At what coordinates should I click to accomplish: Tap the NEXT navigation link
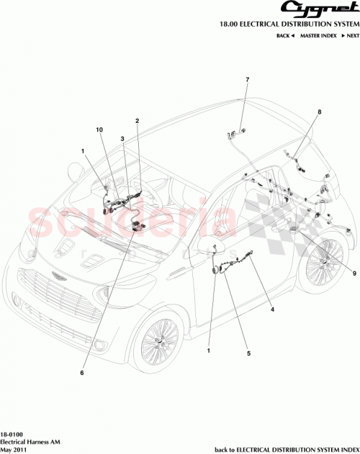[349, 35]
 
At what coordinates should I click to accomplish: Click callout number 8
[320, 112]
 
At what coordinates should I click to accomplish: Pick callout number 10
[100, 130]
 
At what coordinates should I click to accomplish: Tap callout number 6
[82, 373]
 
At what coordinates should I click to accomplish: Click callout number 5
[248, 353]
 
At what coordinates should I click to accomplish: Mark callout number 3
[123, 137]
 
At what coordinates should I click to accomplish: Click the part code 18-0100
[12, 435]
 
